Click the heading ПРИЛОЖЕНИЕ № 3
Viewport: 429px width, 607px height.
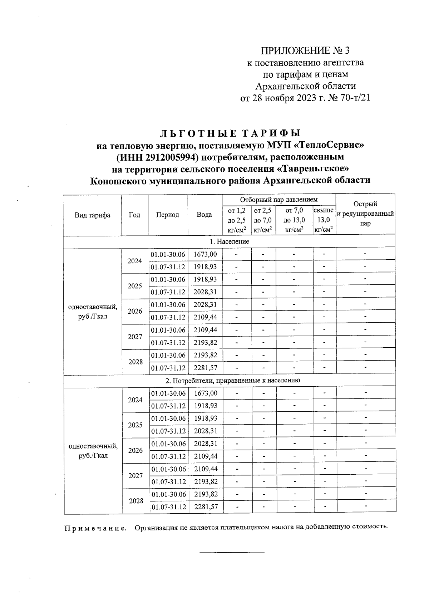pyautogui.click(x=305, y=51)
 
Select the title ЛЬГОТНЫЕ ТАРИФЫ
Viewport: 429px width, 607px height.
pyautogui.click(x=230, y=133)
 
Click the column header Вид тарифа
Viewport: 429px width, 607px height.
pyautogui.click(x=92, y=215)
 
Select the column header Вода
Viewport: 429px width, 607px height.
pyautogui.click(x=204, y=215)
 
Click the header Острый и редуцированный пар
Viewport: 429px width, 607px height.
pyautogui.click(x=365, y=214)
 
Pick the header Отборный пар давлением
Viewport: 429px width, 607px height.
pyautogui.click(x=278, y=200)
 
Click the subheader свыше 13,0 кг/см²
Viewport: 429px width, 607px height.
pyautogui.click(x=324, y=220)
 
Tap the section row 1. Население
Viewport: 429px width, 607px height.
pyautogui.click(x=229, y=241)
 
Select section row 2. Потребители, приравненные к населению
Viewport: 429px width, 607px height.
pyautogui.click(x=229, y=381)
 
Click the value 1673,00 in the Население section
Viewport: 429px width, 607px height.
pyautogui.click(x=205, y=254)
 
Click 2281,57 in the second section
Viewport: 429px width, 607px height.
pyautogui.click(x=206, y=507)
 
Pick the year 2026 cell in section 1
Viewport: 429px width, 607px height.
pyautogui.click(x=135, y=311)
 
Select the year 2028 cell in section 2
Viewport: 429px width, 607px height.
pyautogui.click(x=136, y=501)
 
